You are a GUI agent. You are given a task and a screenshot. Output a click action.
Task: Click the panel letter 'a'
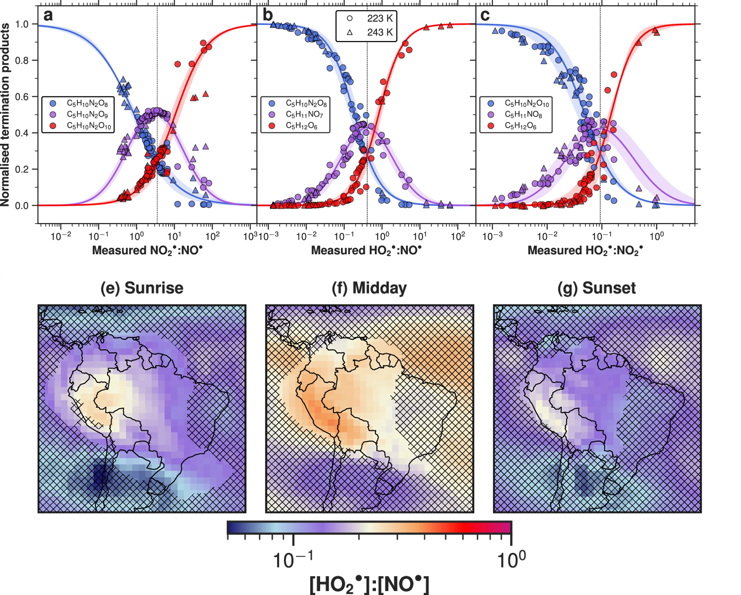[48, 16]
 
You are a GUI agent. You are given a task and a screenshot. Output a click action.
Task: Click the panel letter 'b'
[267, 16]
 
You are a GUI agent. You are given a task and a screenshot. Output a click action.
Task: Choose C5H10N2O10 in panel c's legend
[527, 103]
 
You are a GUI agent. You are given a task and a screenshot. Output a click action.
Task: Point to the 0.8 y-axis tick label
[22, 60]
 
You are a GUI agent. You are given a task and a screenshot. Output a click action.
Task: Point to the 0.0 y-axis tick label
[22, 206]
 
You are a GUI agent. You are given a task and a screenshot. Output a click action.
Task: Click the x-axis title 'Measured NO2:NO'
[147, 250]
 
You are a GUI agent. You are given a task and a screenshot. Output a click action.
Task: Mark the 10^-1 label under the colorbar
[293, 560]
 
